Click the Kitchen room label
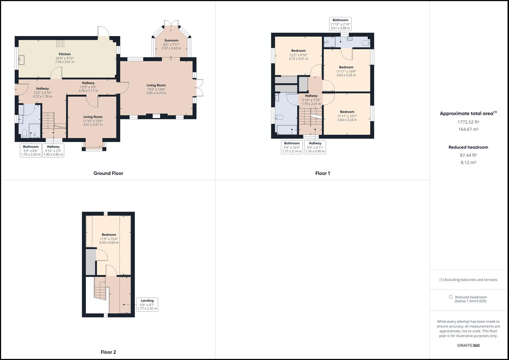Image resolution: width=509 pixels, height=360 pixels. (x=65, y=54)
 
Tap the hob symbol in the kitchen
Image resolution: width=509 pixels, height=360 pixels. (x=60, y=43)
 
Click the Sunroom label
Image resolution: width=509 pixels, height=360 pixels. (x=171, y=40)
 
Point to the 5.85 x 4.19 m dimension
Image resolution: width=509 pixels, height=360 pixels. (x=156, y=93)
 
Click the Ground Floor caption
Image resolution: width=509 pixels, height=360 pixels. (x=108, y=173)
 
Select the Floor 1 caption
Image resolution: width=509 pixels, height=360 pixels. (x=322, y=173)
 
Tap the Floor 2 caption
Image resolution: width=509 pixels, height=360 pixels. (x=108, y=352)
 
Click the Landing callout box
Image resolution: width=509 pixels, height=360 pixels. (x=147, y=304)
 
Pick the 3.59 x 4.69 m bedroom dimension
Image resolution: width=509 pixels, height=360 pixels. (x=109, y=242)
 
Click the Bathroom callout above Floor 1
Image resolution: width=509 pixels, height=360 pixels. (x=340, y=24)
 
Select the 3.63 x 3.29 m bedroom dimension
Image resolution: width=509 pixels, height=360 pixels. (x=346, y=75)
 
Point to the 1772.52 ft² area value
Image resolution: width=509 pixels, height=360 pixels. (x=468, y=122)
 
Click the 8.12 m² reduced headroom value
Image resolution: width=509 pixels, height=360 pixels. (x=468, y=163)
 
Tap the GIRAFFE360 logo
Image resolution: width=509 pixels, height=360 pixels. (x=468, y=345)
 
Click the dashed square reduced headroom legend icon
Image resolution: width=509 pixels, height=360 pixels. (x=451, y=297)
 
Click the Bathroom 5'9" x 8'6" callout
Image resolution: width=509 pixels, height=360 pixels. (x=31, y=151)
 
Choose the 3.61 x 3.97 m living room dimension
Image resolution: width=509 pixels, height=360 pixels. (x=93, y=125)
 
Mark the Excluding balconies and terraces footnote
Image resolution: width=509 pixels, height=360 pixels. (x=468, y=280)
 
